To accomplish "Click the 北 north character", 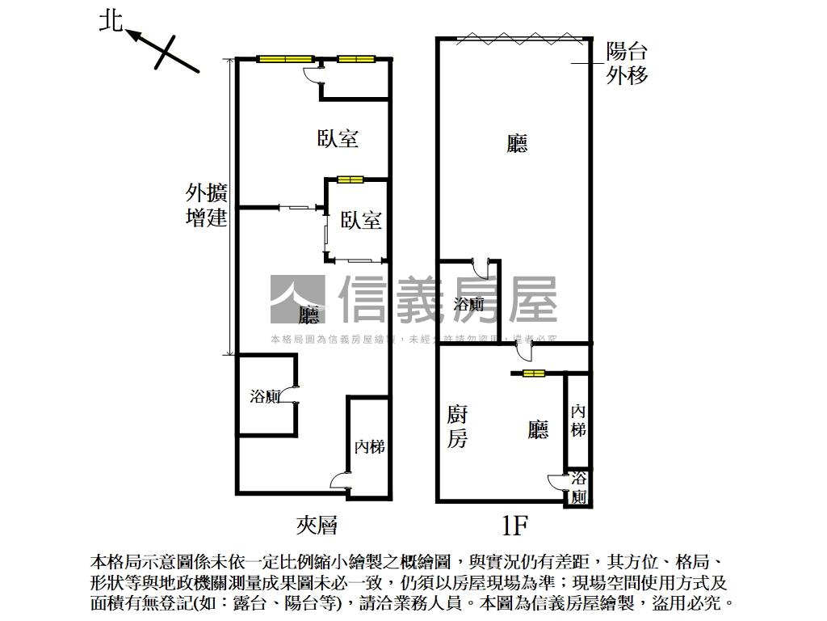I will click(x=110, y=19).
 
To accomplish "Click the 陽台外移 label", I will click(x=627, y=64).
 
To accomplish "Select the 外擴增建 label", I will click(x=207, y=205).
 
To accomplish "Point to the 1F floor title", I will click(x=514, y=526).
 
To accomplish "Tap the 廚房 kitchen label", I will click(x=457, y=427).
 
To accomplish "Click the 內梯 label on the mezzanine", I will click(x=369, y=446).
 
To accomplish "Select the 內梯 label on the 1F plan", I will click(x=578, y=420).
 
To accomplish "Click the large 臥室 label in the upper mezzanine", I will click(x=338, y=138).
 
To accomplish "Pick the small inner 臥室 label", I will click(x=360, y=220).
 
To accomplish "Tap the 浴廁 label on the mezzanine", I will click(x=265, y=396).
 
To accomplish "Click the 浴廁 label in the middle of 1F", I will click(x=468, y=304).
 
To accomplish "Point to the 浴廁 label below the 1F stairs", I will click(x=579, y=488).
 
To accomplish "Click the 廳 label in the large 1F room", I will click(x=517, y=144).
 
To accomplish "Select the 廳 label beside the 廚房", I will click(x=538, y=430).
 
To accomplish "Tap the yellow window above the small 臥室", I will click(x=351, y=180).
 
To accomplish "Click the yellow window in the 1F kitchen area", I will click(x=533, y=374).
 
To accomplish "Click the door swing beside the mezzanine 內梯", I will click(x=338, y=481).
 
